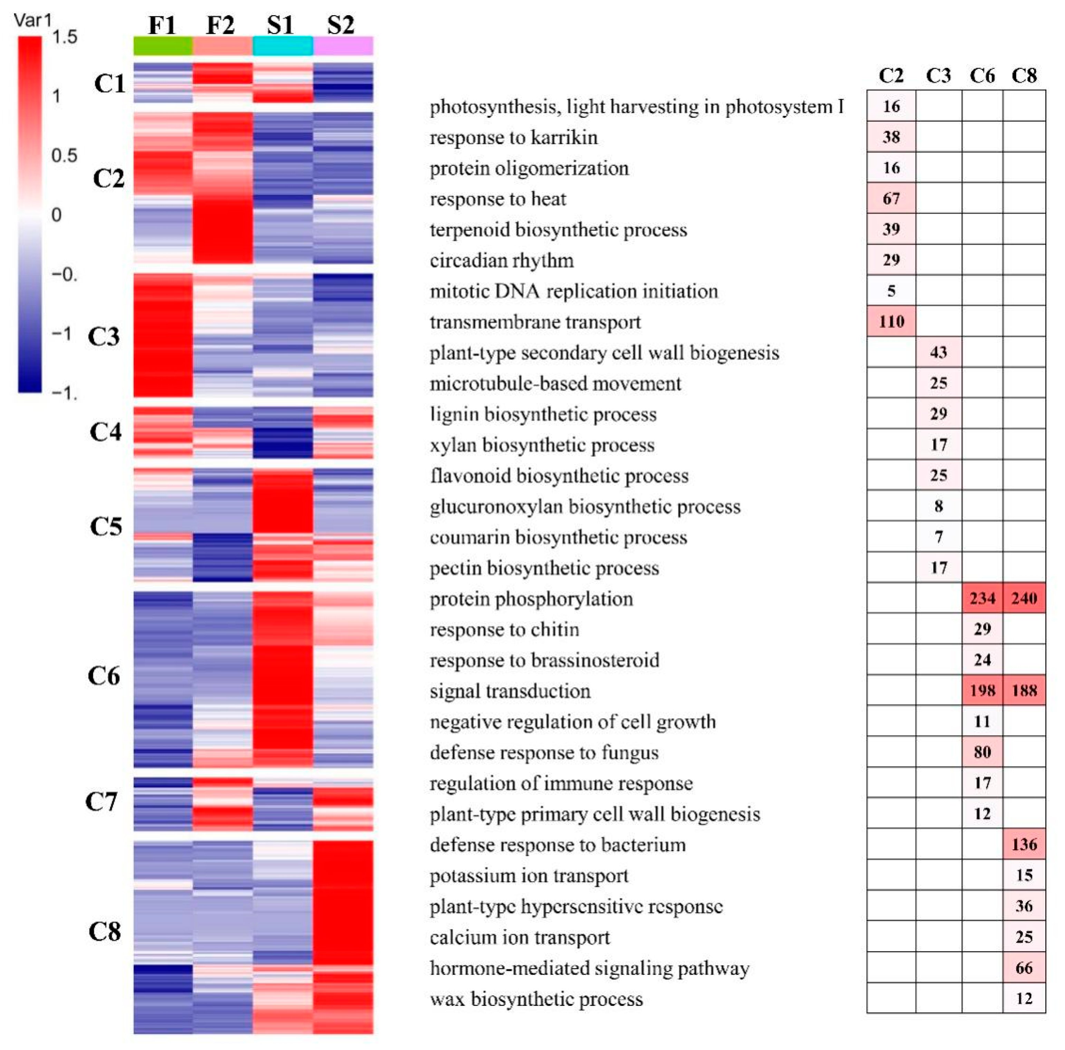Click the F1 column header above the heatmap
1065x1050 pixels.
pos(162,25)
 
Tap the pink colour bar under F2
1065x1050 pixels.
pos(223,46)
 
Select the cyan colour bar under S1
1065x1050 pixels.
pos(283,46)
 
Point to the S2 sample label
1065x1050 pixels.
pos(341,25)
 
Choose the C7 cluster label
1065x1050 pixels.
pos(101,802)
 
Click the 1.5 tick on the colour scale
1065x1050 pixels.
pos(65,38)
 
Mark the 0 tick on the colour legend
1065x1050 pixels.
pos(56,215)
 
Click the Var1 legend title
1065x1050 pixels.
pos(32,20)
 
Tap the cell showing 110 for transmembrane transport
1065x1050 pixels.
pos(891,321)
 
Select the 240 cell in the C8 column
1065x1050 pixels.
pos(1024,598)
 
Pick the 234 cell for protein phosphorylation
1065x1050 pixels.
pos(982,598)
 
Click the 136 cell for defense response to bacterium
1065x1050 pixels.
pos(1024,844)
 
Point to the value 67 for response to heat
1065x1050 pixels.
pos(891,198)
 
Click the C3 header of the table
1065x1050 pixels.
pos(938,76)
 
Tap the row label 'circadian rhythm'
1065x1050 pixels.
pos(502,260)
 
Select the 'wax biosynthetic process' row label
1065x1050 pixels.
pos(536,999)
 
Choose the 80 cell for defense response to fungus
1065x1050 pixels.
pos(982,752)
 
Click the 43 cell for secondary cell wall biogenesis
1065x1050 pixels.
pos(939,352)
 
